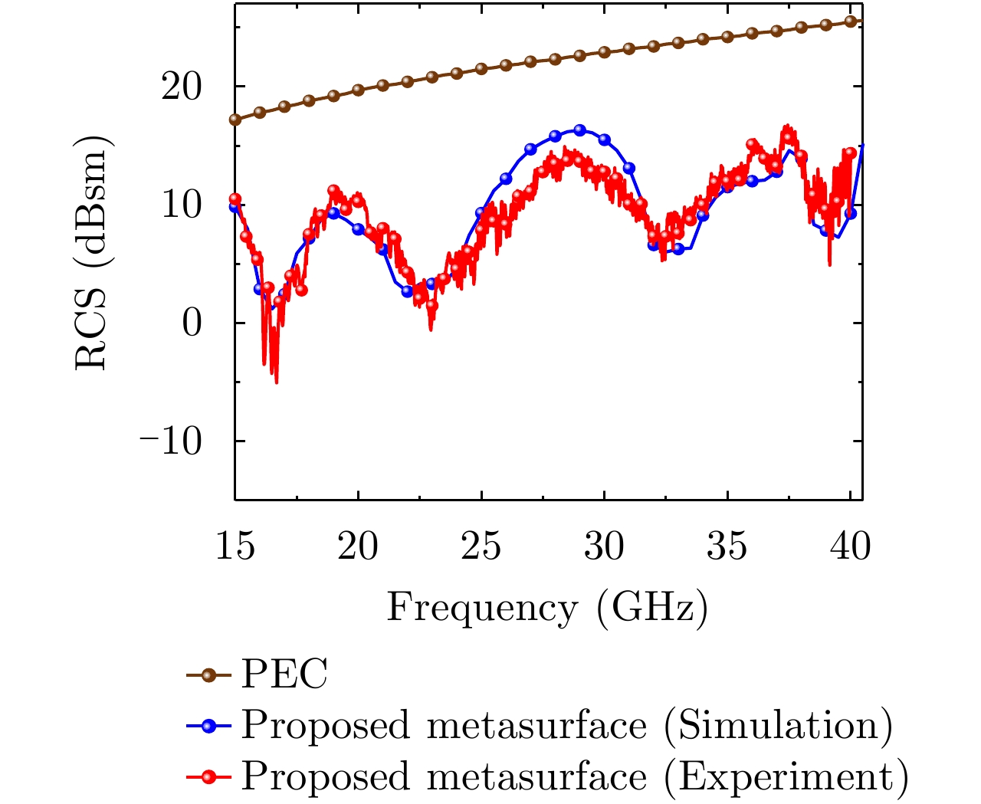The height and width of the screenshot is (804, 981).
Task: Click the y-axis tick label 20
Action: pyautogui.click(x=181, y=87)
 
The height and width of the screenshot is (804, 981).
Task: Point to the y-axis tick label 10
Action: pyautogui.click(x=181, y=205)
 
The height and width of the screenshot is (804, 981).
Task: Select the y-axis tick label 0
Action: pyautogui.click(x=192, y=323)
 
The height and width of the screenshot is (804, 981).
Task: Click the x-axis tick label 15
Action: pyautogui.click(x=235, y=547)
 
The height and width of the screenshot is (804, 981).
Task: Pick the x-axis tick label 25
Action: pyautogui.click(x=481, y=547)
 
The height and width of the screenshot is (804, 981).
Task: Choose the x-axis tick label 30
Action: pyautogui.click(x=604, y=547)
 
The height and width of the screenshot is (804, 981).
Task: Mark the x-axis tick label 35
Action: pyautogui.click(x=727, y=547)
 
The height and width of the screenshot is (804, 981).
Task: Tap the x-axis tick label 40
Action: pyautogui.click(x=850, y=547)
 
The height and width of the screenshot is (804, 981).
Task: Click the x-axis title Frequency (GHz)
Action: pyautogui.click(x=547, y=609)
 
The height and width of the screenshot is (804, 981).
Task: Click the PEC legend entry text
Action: pyautogui.click(x=284, y=674)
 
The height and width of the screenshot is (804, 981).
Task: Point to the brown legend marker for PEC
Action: pyautogui.click(x=208, y=674)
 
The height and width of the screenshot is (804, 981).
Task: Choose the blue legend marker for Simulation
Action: pyautogui.click(x=208, y=725)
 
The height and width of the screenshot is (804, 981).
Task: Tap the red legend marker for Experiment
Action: pyautogui.click(x=208, y=776)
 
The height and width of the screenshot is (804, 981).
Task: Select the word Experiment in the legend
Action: pyautogui.click(x=786, y=776)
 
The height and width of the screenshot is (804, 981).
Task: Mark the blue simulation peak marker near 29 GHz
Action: pyautogui.click(x=579, y=130)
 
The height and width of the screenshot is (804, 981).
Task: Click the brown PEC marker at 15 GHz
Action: pyautogui.click(x=235, y=120)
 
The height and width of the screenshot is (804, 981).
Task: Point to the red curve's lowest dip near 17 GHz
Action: pyautogui.click(x=276, y=381)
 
